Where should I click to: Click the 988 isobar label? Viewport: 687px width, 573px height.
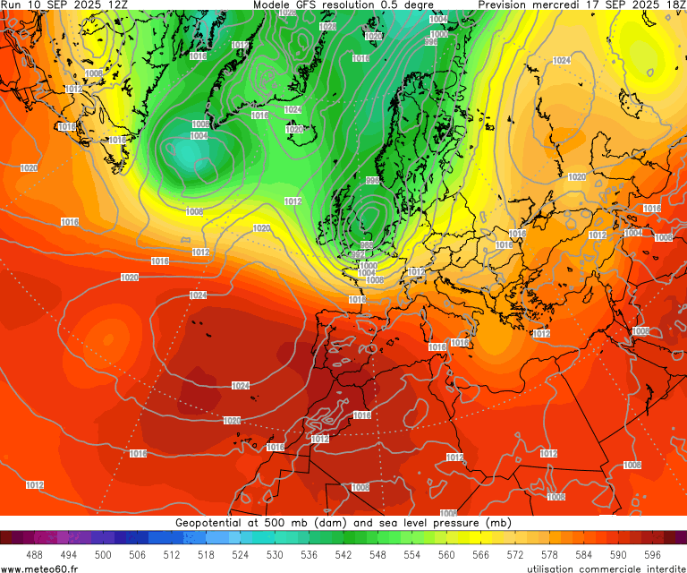pos(367,244)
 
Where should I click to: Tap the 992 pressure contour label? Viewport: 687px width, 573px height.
pos(358,255)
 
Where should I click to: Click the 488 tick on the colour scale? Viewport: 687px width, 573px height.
pos(34,555)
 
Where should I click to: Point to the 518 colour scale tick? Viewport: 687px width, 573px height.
pos(206,555)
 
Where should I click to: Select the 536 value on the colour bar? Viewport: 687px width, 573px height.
pos(309,555)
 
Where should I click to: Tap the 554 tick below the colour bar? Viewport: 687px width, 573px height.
pos(411,555)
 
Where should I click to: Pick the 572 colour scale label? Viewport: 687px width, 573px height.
pos(515,555)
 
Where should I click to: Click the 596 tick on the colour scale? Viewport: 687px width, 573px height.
pos(652,555)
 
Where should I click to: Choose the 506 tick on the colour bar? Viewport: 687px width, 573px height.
pos(137,555)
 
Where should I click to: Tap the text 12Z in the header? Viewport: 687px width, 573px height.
pos(116,5)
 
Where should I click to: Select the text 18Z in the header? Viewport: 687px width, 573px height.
pos(673,5)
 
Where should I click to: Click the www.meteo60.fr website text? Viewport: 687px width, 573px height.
pos(39,568)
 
